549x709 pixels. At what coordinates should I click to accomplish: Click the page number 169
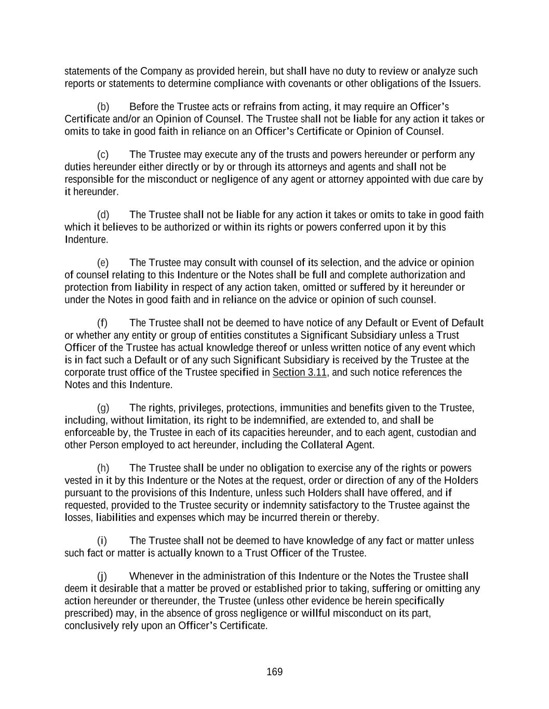tap(274, 672)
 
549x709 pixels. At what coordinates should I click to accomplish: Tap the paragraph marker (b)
tap(103, 107)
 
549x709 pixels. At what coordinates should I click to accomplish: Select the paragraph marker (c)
tap(103, 155)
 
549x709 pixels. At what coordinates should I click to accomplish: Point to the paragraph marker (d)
tap(103, 215)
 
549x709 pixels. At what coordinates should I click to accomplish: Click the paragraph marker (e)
tap(103, 263)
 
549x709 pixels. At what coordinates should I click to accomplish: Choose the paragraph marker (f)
tap(102, 323)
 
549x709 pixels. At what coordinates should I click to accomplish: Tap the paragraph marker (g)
tap(103, 408)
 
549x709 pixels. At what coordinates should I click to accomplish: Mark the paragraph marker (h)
tap(103, 469)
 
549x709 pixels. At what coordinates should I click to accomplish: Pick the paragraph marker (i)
tap(102, 541)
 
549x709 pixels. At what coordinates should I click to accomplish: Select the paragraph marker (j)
tap(102, 577)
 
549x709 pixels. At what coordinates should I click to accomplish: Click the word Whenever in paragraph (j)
tap(151, 577)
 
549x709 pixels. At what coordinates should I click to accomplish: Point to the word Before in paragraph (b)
tap(143, 107)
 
